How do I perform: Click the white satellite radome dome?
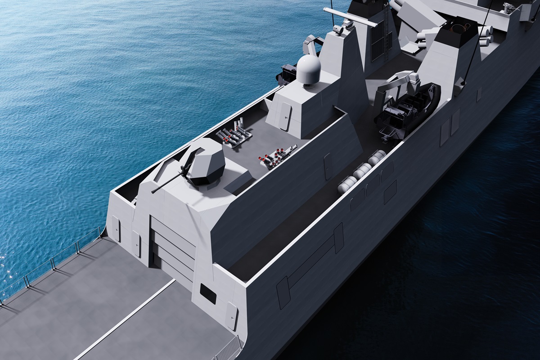[x=308, y=69]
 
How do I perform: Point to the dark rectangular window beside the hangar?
[x=208, y=293]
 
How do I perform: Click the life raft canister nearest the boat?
[x=376, y=157]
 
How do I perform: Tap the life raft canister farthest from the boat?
[x=347, y=184]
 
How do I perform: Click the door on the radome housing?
[x=286, y=116]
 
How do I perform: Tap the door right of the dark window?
[x=231, y=315]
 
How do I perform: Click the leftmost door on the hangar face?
[x=116, y=228]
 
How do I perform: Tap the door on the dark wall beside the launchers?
[x=328, y=166]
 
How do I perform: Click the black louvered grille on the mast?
[x=377, y=40]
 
